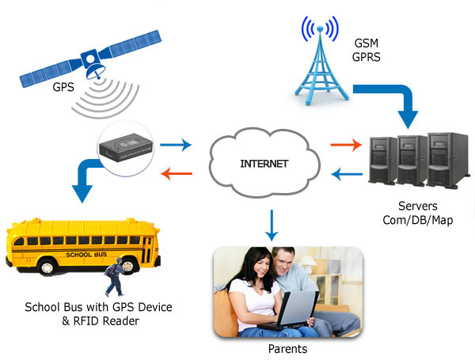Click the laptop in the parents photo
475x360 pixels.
(x=287, y=309)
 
